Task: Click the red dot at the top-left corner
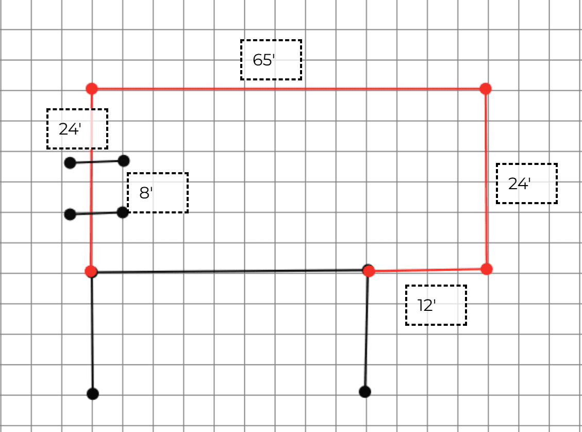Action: coord(92,89)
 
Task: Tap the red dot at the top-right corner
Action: coord(486,89)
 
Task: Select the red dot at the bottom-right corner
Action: coord(487,269)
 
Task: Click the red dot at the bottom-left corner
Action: coord(91,271)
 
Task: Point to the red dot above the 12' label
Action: coord(369,271)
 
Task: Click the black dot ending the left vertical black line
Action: coord(93,394)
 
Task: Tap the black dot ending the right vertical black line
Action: coord(365,392)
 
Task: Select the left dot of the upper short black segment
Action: coord(70,162)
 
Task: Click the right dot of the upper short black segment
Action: coord(124,161)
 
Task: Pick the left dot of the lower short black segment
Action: coord(70,214)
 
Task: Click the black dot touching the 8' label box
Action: coord(123,212)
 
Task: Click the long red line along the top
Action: coord(288,89)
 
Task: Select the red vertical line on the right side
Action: coord(486,179)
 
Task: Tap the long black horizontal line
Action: coord(230,271)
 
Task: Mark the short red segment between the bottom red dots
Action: coord(427,270)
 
